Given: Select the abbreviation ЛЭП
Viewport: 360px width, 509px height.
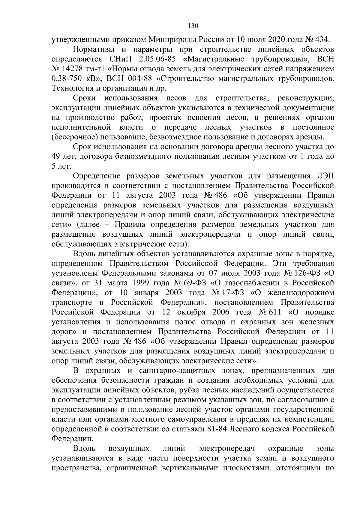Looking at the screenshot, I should tap(325, 176).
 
